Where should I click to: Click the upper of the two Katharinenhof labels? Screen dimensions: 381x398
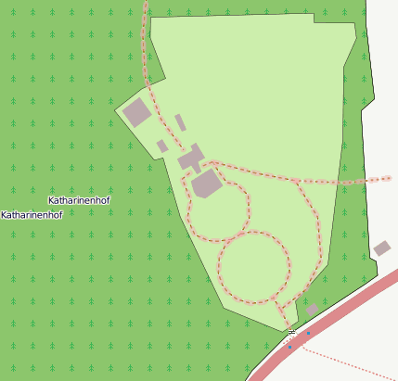click(79, 200)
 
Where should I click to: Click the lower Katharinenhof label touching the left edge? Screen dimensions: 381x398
click(32, 215)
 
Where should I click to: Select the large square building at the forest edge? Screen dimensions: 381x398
click(137, 112)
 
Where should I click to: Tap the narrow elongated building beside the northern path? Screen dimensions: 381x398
click(180, 122)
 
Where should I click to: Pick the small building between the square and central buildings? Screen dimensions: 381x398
click(162, 146)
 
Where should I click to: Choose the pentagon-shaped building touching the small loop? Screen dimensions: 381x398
click(207, 184)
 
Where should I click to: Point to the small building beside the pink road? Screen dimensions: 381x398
click(313, 310)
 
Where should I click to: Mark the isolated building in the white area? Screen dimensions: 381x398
click(382, 248)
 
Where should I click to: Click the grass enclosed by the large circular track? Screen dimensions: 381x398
click(253, 267)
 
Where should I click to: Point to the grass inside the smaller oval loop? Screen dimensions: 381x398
click(219, 211)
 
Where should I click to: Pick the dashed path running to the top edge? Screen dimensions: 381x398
click(144, 46)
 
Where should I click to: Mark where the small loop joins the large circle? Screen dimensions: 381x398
click(231, 239)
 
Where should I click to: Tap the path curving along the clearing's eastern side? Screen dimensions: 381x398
click(317, 232)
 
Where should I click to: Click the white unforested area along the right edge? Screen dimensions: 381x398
click(382, 111)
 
